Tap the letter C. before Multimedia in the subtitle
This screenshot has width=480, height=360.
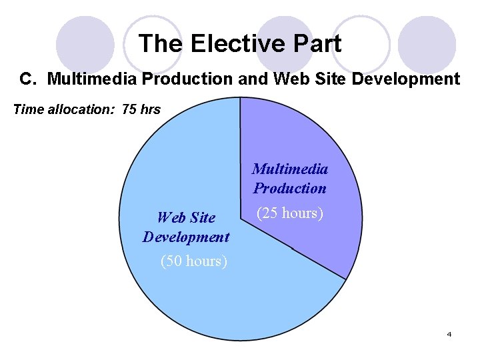point(27,79)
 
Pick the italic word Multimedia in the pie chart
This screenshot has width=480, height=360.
point(290,169)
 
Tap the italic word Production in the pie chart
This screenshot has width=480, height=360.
point(290,188)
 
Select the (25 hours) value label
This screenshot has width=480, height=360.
point(290,214)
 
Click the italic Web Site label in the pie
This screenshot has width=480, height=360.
point(186,217)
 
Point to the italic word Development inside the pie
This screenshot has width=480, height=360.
point(186,237)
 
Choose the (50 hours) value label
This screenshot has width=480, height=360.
point(194,261)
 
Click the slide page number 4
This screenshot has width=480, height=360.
point(449,334)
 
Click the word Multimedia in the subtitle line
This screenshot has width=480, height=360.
point(91,79)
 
